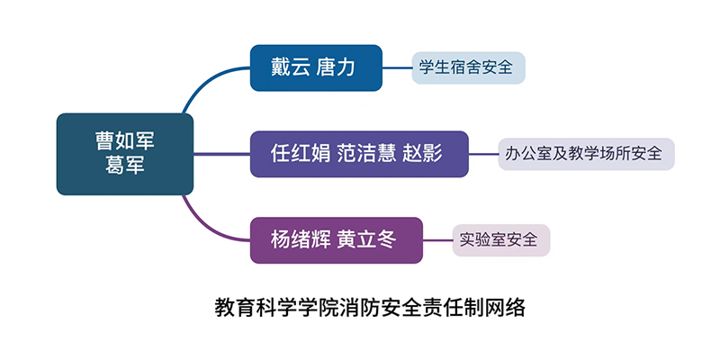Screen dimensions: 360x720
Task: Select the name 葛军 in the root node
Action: [x=125, y=166]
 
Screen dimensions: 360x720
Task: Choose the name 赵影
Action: [x=425, y=153]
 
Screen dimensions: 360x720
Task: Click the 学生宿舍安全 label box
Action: [x=468, y=67]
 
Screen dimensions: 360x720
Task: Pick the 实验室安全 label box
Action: [x=500, y=240]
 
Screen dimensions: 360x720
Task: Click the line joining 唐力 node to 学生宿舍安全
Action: [x=398, y=67]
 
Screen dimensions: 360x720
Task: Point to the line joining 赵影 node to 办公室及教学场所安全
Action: [x=483, y=154]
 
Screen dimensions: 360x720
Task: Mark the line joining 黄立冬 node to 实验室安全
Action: [x=437, y=240]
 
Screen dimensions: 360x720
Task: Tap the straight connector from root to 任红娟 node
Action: [x=221, y=154]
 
